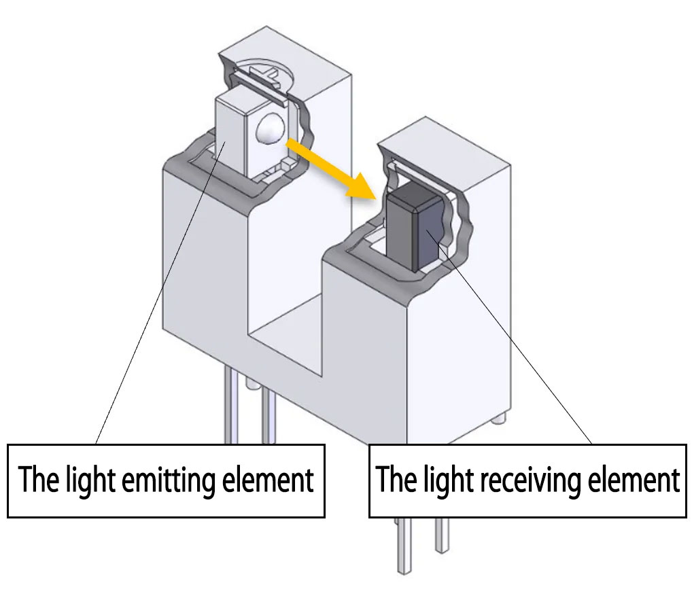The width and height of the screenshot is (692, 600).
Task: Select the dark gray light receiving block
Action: tap(411, 231)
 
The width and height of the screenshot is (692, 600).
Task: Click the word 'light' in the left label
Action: tap(89, 480)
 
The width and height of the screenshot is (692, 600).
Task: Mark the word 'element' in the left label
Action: tap(269, 480)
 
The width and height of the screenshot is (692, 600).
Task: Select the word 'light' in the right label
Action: tap(449, 480)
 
